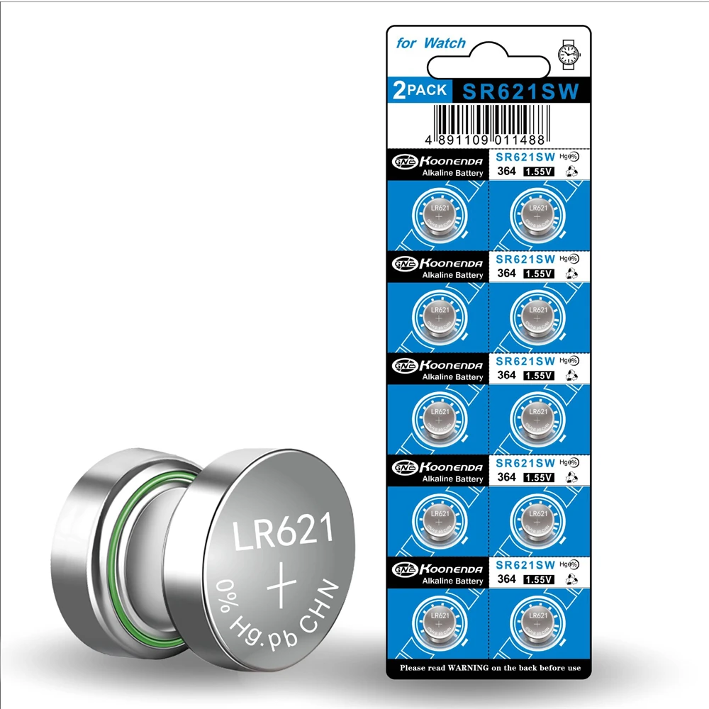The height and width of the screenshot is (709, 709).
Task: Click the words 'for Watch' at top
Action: [430, 43]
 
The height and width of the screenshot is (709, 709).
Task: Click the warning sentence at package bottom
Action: [489, 667]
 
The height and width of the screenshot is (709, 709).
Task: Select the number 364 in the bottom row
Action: [506, 579]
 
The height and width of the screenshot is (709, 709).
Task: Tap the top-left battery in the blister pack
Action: [440, 213]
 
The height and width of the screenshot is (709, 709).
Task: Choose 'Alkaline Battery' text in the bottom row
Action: [452, 581]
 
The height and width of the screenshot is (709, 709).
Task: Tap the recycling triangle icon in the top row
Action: [571, 172]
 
